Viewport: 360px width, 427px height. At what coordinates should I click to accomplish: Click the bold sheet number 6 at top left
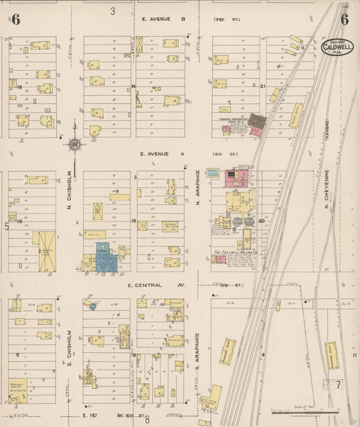pos(15,19)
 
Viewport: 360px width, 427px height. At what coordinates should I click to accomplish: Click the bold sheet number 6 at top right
pos(344,19)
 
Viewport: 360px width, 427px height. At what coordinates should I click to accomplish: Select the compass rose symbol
pos(74,143)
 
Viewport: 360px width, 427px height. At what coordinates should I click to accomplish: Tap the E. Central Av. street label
pos(155,285)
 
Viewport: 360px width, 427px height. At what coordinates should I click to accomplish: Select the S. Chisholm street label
pos(70,345)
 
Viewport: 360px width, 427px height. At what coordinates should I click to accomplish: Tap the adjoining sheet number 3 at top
pos(113,11)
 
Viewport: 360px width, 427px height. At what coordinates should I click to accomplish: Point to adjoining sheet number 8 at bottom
pos(147,420)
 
